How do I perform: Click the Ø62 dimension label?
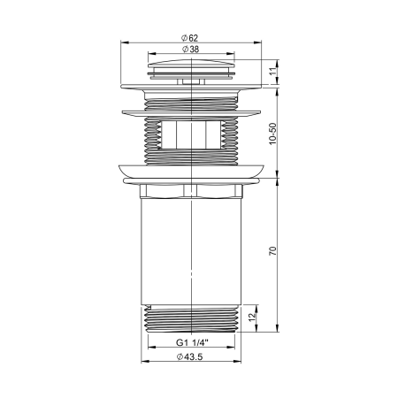[x=192, y=36]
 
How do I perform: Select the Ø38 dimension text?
[x=192, y=50]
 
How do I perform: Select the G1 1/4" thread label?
[x=192, y=341]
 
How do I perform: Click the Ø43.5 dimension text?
[x=192, y=357]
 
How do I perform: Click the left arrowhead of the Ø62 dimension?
[x=122, y=42]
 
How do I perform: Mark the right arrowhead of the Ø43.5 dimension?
[x=240, y=363]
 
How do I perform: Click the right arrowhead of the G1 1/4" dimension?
[x=236, y=346]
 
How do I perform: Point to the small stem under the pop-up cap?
[x=192, y=81]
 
